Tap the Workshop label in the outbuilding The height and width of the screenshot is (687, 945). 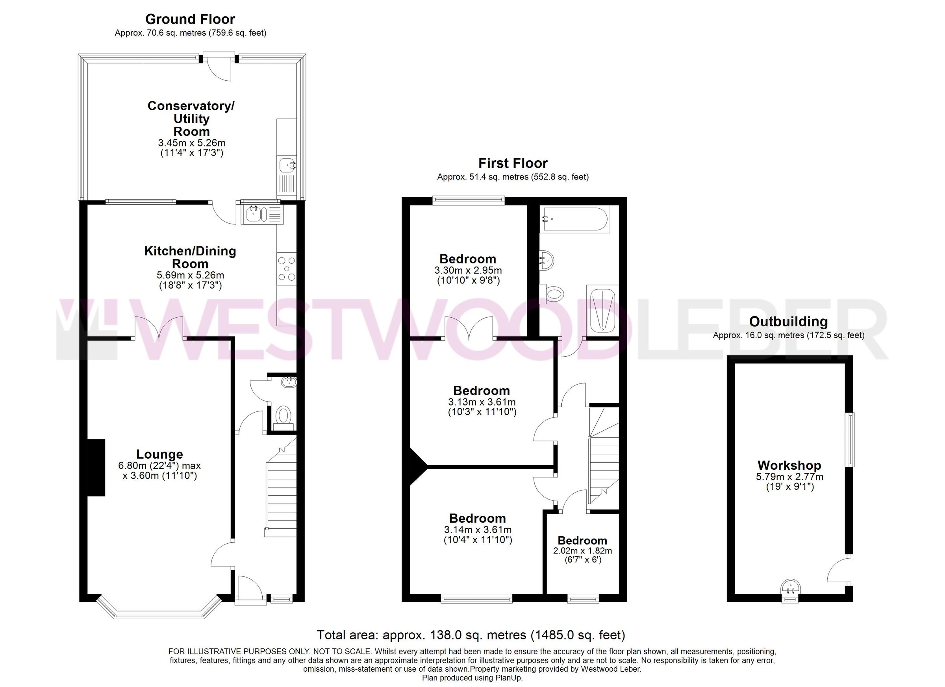click(789, 465)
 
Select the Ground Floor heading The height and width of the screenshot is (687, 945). click(190, 19)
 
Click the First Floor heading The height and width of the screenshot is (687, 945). click(513, 163)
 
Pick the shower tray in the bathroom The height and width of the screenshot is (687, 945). click(602, 310)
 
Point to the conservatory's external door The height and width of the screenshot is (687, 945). click(220, 67)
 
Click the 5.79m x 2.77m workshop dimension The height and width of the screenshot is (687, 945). click(789, 477)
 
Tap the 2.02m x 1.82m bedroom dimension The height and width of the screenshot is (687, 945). click(582, 550)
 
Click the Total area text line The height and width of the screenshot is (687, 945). click(471, 635)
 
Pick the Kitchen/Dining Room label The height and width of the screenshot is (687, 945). click(190, 257)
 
